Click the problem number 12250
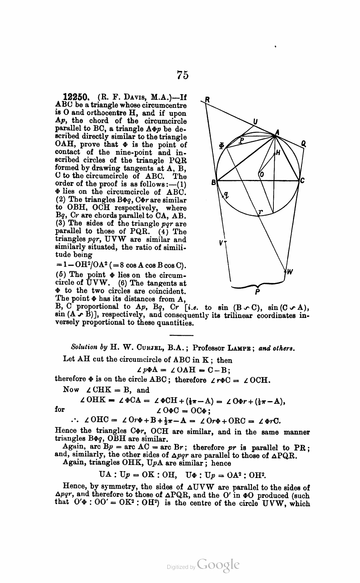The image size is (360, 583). (x=75, y=97)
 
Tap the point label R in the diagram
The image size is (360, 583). (x=207, y=98)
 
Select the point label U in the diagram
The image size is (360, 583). (x=255, y=122)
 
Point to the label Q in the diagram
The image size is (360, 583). (x=304, y=144)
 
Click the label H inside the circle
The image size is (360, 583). (x=278, y=153)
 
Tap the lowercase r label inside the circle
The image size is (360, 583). (x=260, y=211)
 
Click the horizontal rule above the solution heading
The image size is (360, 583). (x=181, y=335)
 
